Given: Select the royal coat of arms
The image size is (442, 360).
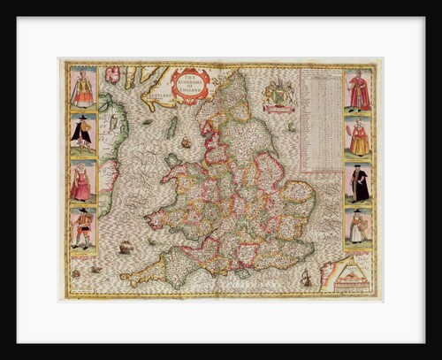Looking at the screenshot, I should tap(279, 94).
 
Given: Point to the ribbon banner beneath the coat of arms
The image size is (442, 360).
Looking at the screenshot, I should tap(279, 109).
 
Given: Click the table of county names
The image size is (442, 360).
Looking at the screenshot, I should tap(320, 120).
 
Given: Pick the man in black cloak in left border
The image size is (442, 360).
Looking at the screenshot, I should tap(83, 134).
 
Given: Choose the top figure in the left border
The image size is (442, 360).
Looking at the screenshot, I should tap(83, 88).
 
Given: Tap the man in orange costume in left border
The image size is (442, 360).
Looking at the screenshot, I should tap(83, 229).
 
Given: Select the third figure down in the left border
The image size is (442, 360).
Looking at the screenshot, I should tap(83, 182).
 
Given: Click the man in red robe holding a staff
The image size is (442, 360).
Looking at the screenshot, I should tap(357, 91).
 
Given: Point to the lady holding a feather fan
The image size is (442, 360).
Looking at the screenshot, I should tap(357, 138).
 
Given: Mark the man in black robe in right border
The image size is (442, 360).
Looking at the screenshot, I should tap(357, 184).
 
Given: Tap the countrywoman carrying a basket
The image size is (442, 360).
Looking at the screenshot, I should tap(357, 227).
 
